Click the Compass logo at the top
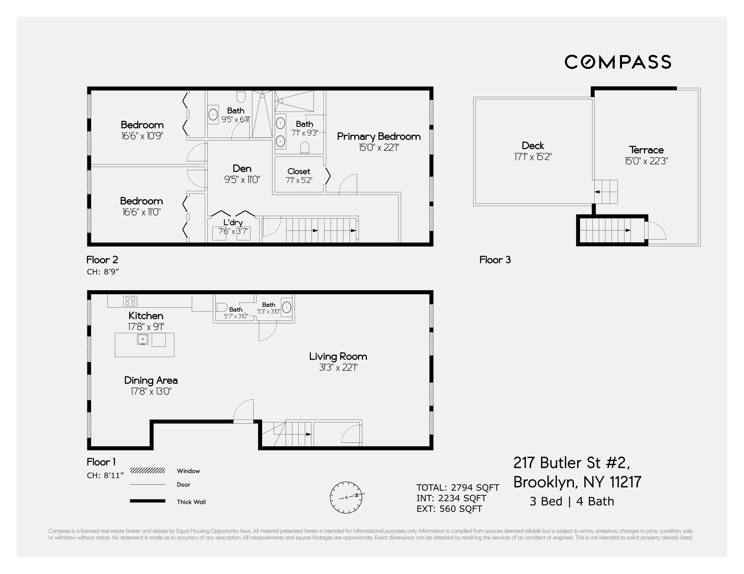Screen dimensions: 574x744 (618, 62)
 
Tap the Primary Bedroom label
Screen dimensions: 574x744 (379, 136)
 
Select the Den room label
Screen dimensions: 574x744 (242, 168)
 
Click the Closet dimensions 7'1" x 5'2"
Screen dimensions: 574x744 (299, 180)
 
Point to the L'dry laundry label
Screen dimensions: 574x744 (233, 222)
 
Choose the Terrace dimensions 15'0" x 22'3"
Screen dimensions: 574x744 (646, 161)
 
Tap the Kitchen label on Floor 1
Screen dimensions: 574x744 (146, 315)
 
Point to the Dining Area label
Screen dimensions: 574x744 (151, 380)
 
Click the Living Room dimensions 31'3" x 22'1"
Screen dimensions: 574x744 (338, 367)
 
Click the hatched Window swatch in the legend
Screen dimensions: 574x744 (147, 471)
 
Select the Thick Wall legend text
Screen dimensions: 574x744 (191, 502)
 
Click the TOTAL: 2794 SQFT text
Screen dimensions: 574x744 (458, 487)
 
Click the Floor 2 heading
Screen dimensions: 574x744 (102, 260)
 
